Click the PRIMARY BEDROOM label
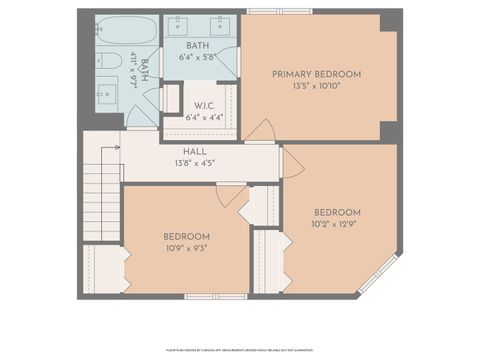pos(317,74)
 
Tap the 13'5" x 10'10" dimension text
pos(317,85)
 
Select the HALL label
pos(194,152)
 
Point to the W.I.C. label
pos(206,106)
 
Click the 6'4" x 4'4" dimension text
pos(206,117)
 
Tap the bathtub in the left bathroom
pos(126,30)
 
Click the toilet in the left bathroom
pos(106,61)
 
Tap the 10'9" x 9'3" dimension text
pos(186,248)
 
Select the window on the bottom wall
pos(215,296)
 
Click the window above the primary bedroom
pos(279,11)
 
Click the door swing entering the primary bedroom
pos(261,131)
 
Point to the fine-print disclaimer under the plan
pos(239,351)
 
